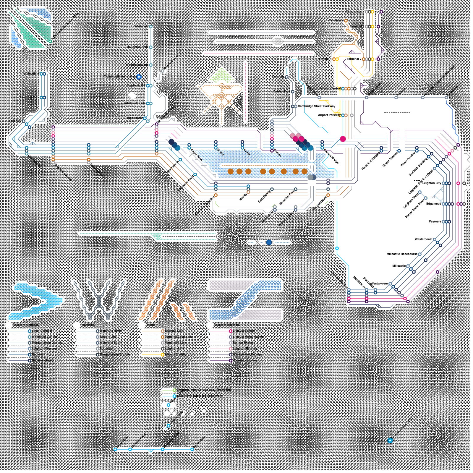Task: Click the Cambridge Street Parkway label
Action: click(x=316, y=106)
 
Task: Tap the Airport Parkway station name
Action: click(x=329, y=115)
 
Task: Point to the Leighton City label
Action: click(x=432, y=183)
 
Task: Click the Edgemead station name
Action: click(x=433, y=204)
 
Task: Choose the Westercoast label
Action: click(x=423, y=239)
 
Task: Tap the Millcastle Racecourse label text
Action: click(x=402, y=254)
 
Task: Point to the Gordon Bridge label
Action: click(x=331, y=156)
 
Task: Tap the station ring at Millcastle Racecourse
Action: click(x=420, y=254)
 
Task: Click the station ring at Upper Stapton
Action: click(x=399, y=151)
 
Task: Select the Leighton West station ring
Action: click(x=420, y=192)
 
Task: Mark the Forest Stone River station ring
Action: click(x=426, y=198)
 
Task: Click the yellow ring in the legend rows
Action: click(x=162, y=354)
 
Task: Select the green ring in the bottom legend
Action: click(x=174, y=390)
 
